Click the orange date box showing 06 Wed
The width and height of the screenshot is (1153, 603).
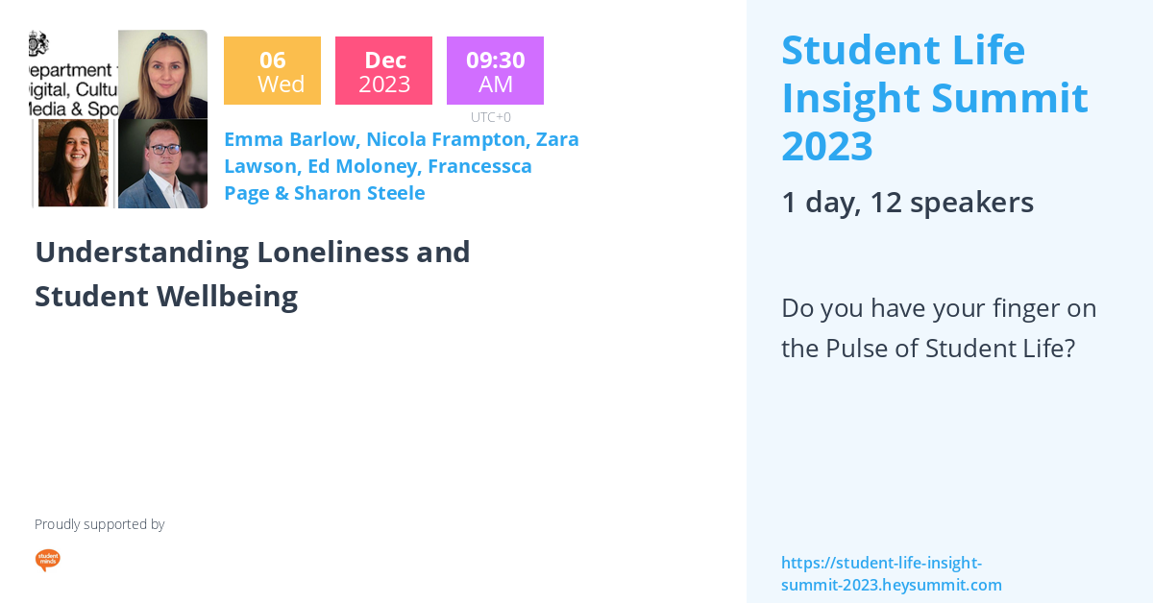[x=272, y=71]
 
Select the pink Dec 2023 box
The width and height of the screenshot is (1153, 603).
[x=383, y=71]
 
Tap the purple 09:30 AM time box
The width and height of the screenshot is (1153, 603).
[x=495, y=71]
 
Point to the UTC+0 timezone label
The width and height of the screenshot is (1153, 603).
[x=490, y=117]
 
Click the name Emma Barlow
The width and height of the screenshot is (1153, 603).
[x=288, y=139]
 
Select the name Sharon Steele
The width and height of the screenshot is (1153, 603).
[x=359, y=193]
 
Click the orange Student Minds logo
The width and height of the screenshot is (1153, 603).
[x=47, y=560]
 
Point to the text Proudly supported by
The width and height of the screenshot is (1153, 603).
[x=99, y=524]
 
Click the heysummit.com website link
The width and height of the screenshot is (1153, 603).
[x=891, y=574]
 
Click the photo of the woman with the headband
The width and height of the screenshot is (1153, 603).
[x=162, y=74]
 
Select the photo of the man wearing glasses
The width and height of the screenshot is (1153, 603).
[x=162, y=164]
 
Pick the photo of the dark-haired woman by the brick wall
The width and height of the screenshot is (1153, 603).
[x=75, y=164]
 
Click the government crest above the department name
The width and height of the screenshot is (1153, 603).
[x=38, y=43]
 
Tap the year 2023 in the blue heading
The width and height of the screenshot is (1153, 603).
[x=827, y=146]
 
